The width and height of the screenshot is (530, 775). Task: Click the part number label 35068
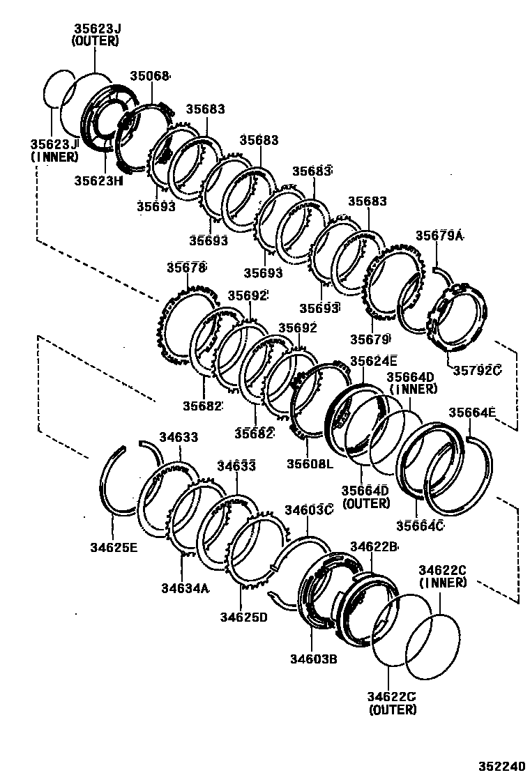point(151,76)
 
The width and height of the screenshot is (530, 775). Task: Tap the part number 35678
point(186,267)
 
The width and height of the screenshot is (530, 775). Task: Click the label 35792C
point(478,370)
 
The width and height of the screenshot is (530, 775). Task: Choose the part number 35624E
point(373,360)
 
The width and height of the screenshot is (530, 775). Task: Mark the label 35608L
point(310,463)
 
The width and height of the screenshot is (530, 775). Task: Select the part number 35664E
point(471,413)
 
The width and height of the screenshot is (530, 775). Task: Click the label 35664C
point(420,525)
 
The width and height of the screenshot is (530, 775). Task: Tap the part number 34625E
point(114,547)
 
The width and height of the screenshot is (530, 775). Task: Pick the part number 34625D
point(244,617)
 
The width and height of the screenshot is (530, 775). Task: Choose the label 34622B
point(374,546)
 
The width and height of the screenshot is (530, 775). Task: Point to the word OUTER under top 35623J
point(96,41)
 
